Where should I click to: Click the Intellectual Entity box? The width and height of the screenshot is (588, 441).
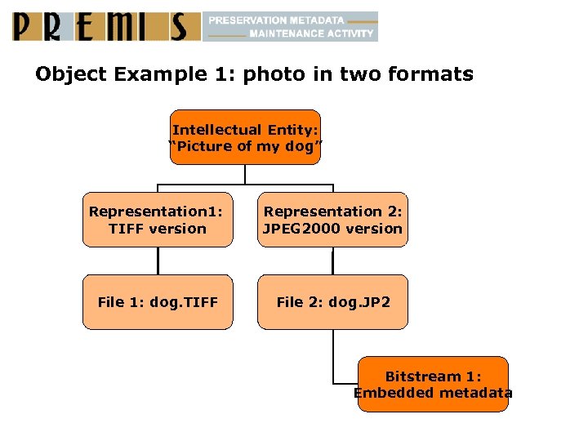245,137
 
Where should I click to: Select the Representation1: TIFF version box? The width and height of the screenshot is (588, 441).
157,220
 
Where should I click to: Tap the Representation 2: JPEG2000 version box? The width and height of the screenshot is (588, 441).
332,220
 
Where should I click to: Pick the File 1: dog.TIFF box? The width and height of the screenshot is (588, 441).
157,302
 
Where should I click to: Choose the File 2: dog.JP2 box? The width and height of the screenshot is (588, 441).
332,302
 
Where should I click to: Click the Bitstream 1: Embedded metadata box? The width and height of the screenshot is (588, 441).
433,385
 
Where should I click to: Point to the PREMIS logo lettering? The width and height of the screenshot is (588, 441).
106,26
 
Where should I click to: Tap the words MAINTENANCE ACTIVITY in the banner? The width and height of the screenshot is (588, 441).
310,34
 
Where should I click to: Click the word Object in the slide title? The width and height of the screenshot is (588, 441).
71,74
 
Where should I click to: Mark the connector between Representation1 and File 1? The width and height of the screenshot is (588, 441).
158,261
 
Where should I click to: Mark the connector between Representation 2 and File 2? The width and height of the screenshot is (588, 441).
333,261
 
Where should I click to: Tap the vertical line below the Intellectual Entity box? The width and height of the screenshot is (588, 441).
245,174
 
